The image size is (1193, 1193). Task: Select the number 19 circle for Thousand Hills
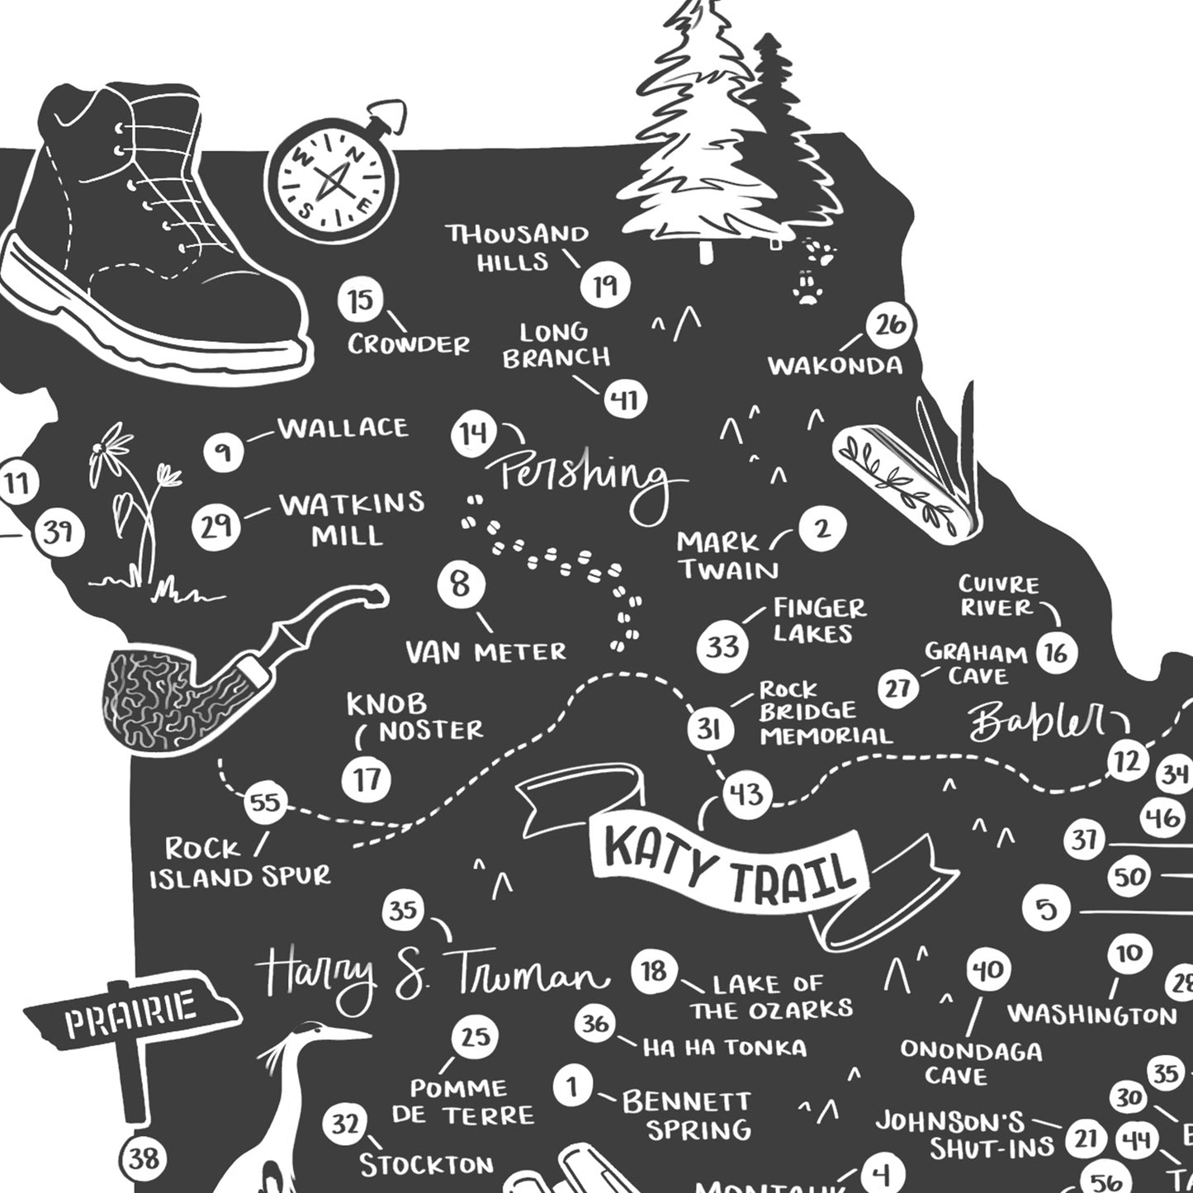[604, 286]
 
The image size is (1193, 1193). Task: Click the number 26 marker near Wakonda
[890, 325]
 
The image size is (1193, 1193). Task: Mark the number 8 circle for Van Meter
[460, 585]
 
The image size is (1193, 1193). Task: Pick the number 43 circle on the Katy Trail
[746, 795]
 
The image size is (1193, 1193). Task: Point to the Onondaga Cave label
[970, 1063]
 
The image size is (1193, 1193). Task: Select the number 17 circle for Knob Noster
[367, 779]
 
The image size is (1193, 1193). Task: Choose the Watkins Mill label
[352, 518]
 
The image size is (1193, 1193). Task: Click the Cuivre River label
[999, 596]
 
